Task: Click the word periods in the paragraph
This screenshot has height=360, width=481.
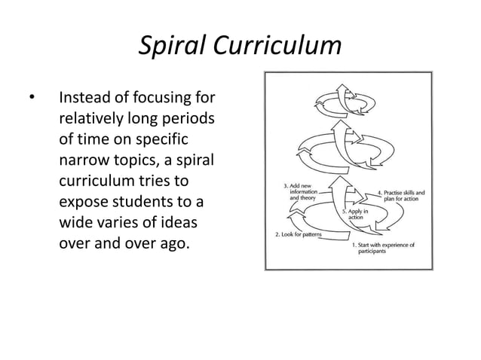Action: [185, 120]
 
